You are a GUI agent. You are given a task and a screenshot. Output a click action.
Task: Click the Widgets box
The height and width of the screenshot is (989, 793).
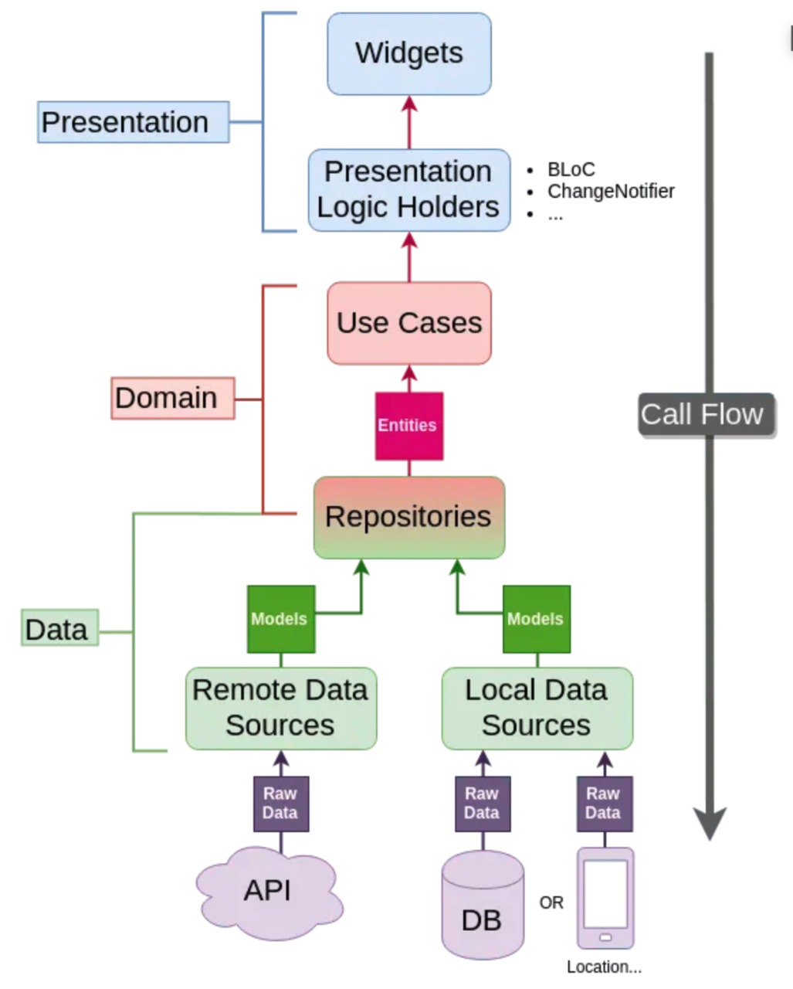[x=409, y=53]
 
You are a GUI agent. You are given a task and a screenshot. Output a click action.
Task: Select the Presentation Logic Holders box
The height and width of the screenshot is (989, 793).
[x=409, y=190]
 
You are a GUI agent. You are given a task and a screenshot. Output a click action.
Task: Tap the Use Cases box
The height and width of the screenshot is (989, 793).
[x=409, y=323]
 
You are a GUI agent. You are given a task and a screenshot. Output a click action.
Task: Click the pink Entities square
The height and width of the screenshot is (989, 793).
[x=408, y=426]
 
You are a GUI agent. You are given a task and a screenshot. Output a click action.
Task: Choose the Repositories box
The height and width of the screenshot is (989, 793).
[x=408, y=517]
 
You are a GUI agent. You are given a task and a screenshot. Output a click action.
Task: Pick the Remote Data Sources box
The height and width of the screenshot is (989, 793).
[x=280, y=708]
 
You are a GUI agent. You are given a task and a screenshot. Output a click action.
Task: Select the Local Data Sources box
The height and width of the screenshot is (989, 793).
[x=537, y=708]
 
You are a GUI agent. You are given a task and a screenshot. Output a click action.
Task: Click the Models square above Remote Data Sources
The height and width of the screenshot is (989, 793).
[x=280, y=619]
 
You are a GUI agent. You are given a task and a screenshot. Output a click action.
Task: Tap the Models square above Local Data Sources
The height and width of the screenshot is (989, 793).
[x=536, y=619]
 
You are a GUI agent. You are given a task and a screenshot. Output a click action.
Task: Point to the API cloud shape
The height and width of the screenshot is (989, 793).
[x=268, y=892]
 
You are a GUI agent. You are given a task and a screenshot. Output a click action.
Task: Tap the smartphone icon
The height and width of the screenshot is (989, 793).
[x=605, y=898]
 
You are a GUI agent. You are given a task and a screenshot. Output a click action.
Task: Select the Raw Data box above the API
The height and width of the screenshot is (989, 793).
[x=280, y=804]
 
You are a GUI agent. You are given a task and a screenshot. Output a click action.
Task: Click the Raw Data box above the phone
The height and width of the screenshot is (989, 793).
[x=604, y=804]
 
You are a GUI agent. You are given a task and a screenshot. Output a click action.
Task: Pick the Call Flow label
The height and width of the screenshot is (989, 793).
[x=703, y=414]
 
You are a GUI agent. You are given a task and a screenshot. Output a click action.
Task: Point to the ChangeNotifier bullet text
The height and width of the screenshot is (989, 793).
[x=611, y=191]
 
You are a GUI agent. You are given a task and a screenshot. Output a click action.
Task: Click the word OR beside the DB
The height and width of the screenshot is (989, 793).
[x=551, y=902]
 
